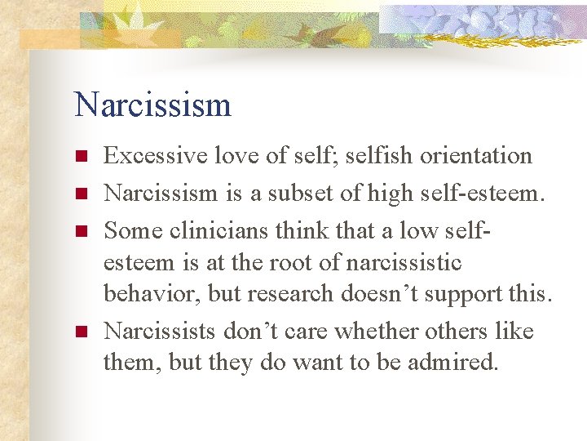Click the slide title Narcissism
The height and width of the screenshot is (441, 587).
pos(152,105)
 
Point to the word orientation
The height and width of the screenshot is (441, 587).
pos(475,155)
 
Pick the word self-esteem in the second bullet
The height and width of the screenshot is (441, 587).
pos(480,194)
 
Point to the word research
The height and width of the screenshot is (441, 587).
pos(276,292)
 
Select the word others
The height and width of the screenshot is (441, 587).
pos(464,332)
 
